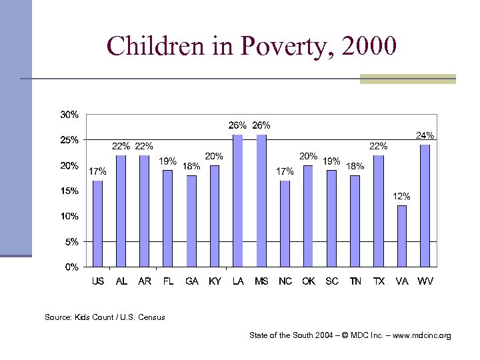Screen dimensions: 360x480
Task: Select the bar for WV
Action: coord(425,205)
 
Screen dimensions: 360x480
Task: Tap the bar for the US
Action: coord(97,223)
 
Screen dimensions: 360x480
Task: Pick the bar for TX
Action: coord(378,211)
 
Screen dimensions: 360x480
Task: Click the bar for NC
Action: coord(285,223)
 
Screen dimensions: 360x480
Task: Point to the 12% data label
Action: coord(401,197)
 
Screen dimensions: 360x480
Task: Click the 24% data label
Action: coord(425,135)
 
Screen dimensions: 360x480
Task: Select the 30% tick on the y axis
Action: coord(69,115)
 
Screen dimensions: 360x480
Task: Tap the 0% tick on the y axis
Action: coord(71,267)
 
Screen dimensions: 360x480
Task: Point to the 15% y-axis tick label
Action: coord(69,191)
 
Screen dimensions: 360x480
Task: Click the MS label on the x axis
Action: coord(261,281)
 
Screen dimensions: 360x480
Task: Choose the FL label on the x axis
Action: coord(168,281)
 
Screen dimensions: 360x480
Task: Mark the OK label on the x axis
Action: coord(308,281)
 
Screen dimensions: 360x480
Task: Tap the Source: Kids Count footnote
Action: coord(105,317)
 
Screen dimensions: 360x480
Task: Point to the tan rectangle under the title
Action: coord(407,79)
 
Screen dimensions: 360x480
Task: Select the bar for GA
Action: coord(191,221)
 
